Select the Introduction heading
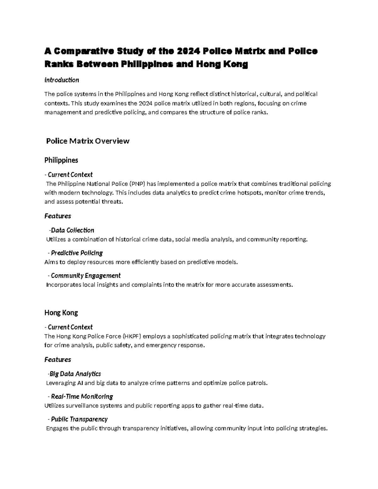(x=62, y=80)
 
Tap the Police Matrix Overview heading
(x=88, y=141)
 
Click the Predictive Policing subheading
(x=77, y=253)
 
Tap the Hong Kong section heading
(x=61, y=313)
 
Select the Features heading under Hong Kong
(x=58, y=359)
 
